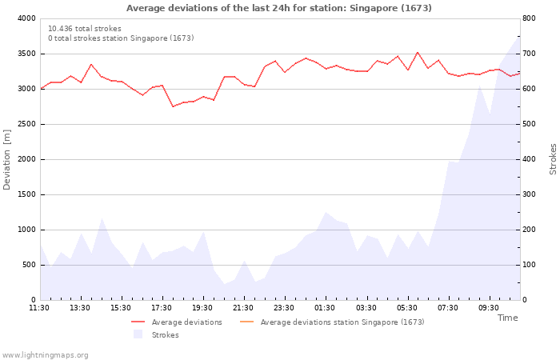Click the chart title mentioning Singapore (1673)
click(279, 8)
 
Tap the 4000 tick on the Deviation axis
click(26, 18)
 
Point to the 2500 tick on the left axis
click(26, 124)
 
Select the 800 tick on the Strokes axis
click(529, 18)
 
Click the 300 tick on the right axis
click(529, 194)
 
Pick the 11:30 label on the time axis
click(39, 308)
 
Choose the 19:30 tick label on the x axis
click(202, 308)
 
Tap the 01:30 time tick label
click(325, 308)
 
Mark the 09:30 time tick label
click(488, 308)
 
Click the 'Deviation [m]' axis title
click(6, 159)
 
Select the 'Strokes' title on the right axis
click(553, 159)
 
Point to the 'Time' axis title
click(507, 318)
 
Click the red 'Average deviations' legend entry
click(177, 322)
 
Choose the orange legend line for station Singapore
click(246, 322)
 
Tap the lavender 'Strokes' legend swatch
click(138, 334)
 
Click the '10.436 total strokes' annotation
click(85, 29)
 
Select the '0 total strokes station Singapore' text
click(121, 38)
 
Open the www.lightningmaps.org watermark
click(45, 355)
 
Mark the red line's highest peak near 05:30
click(417, 53)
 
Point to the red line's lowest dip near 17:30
click(173, 106)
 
